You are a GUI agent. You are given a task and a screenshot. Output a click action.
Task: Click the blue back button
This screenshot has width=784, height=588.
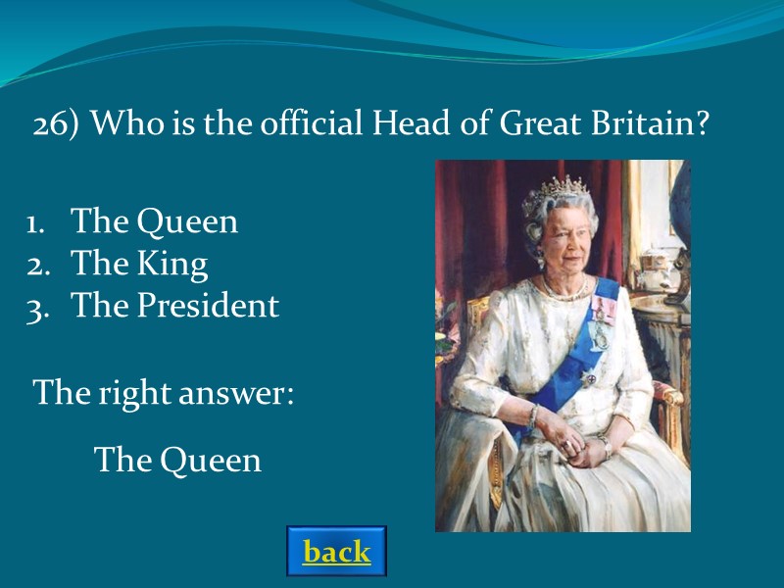(336, 552)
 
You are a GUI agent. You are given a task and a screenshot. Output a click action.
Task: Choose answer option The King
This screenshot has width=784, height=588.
(139, 264)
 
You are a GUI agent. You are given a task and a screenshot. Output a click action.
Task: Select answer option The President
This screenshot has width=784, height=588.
(175, 306)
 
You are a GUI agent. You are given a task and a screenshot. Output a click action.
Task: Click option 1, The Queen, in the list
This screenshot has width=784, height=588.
(154, 221)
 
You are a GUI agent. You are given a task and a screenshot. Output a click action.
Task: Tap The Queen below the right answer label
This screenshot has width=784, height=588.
(177, 460)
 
